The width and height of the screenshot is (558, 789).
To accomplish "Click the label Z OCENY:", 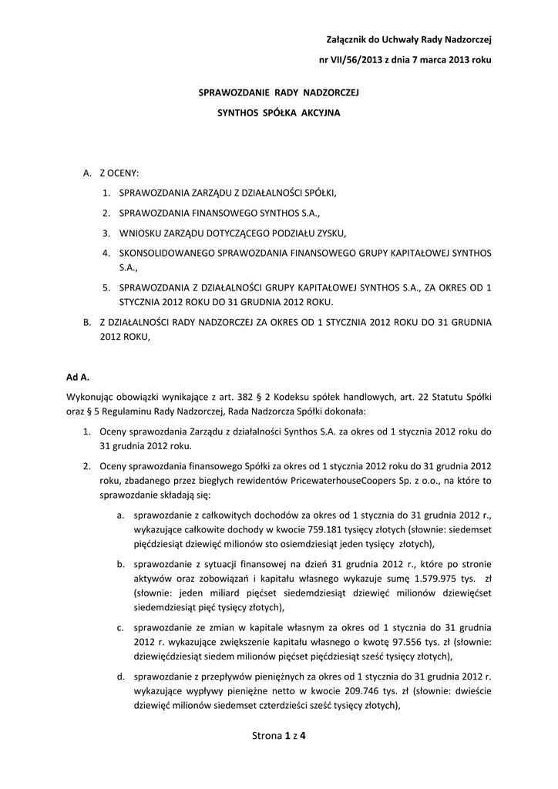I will (x=119, y=174).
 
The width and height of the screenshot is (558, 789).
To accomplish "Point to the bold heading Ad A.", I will (x=78, y=378).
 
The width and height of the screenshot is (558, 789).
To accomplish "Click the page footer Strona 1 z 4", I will (x=279, y=736).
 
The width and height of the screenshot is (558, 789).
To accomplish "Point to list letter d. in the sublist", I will (x=121, y=676).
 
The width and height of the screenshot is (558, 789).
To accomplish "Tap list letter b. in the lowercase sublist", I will (x=121, y=564).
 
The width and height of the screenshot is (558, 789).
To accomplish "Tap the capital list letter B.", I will (x=87, y=322).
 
